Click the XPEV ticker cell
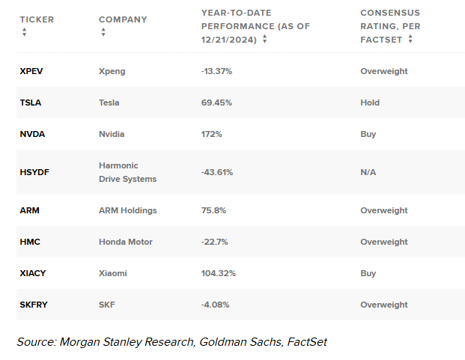(32, 71)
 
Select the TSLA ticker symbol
(31, 103)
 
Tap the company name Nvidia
(112, 134)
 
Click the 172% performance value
(212, 134)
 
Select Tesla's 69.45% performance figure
(217, 103)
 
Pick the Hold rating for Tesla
(370, 103)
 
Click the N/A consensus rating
(368, 172)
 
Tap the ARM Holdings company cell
(128, 210)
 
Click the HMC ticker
(30, 242)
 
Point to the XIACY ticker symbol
(33, 273)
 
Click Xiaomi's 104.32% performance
(219, 273)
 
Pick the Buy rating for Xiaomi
(368, 273)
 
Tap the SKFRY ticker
(34, 305)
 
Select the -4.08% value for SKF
(216, 305)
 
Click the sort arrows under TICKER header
(24, 32)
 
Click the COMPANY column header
(123, 19)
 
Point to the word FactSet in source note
(304, 342)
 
